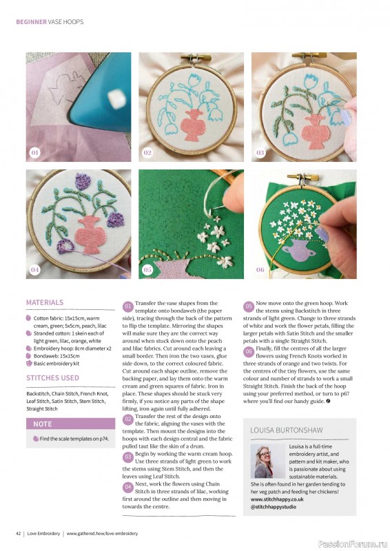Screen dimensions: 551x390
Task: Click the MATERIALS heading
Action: [44, 302]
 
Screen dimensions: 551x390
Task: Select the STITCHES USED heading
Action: [52, 378]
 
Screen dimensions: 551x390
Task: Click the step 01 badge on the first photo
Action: [35, 152]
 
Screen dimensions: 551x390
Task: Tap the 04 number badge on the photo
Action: [35, 269]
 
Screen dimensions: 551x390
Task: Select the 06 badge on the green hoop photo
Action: [260, 269]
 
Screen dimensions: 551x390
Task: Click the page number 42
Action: [19, 533]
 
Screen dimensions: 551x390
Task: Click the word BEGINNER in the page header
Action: [31, 21]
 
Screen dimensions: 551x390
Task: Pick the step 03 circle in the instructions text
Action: [128, 457]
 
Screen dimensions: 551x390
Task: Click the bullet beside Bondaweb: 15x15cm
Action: [28, 356]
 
